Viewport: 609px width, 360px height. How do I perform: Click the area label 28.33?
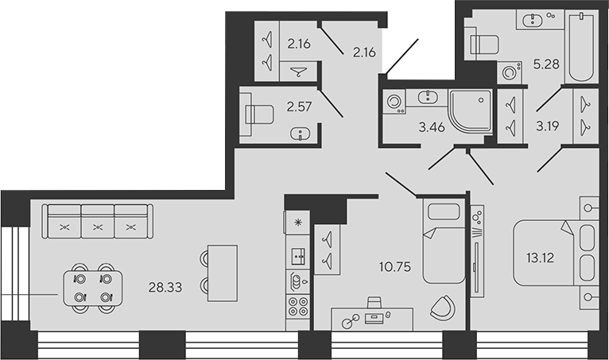[166, 288]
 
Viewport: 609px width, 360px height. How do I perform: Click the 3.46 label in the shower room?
[432, 125]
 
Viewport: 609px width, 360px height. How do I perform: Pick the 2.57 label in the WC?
[299, 106]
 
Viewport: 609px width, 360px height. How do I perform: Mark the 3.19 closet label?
[547, 125]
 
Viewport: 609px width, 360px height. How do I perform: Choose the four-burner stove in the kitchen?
[297, 306]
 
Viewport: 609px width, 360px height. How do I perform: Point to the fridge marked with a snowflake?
[297, 222]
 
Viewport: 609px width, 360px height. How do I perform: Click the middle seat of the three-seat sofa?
[97, 222]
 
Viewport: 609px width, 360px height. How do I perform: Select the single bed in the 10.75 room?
[443, 242]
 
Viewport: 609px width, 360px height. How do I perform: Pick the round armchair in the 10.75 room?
[443, 308]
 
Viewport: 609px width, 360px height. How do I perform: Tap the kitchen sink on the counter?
[297, 256]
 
